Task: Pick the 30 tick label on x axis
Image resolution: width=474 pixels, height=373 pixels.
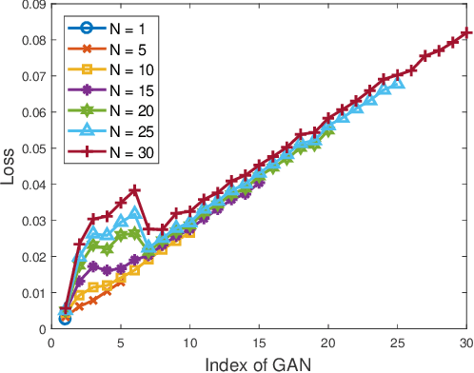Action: click(x=466, y=342)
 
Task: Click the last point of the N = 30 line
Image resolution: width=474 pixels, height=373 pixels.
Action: click(x=466, y=33)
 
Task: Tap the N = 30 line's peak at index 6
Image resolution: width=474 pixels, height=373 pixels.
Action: click(x=134, y=190)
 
